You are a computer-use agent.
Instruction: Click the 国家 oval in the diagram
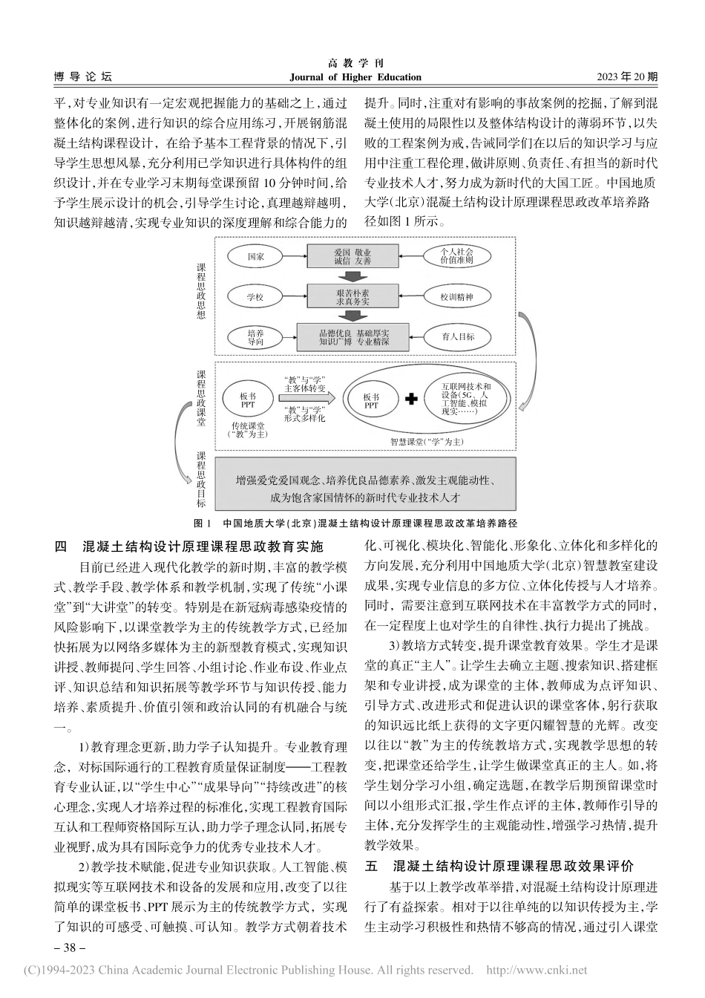[255, 257]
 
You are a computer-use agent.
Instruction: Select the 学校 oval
[255, 298]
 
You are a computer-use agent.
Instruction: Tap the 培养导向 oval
[255, 338]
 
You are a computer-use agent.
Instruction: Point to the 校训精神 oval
[456, 298]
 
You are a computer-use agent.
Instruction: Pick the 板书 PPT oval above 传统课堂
[248, 402]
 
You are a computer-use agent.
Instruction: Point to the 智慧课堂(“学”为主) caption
[427, 441]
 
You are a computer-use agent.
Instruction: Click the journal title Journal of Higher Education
[352, 77]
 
